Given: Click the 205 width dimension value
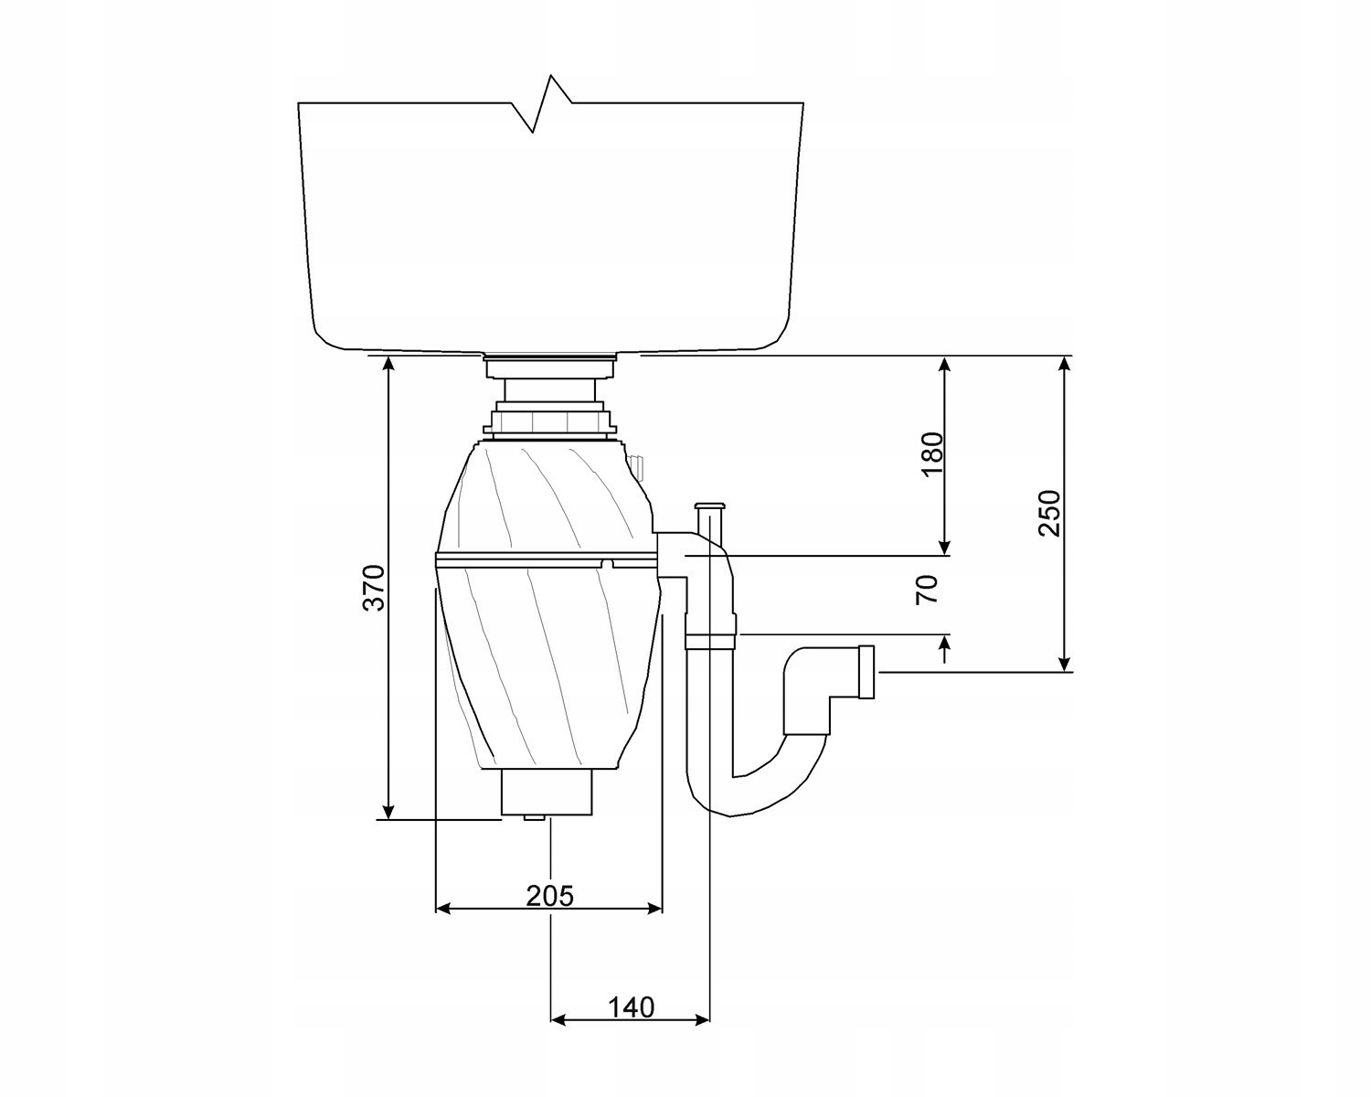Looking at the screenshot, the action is [x=549, y=896].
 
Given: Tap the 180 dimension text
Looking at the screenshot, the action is [x=931, y=454].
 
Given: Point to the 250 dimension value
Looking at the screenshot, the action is [x=1050, y=514].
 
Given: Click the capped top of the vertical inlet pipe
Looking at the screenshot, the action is [x=710, y=506].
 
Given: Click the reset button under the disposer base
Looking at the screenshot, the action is [x=532, y=818].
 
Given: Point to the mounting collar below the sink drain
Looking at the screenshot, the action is [x=548, y=421].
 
